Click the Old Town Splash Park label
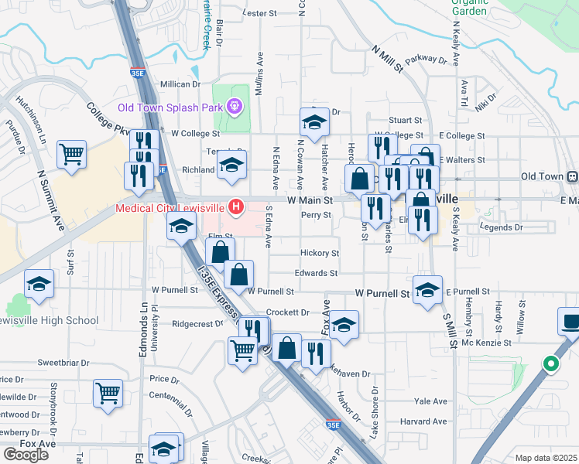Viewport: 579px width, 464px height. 170,107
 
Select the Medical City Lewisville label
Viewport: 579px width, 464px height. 170,207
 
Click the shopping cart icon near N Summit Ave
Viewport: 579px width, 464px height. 71,154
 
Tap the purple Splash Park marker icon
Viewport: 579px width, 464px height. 235,107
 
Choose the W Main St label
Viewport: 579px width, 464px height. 309,200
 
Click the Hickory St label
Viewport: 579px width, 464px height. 320,253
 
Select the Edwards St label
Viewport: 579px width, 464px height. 316,273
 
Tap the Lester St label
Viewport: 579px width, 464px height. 259,14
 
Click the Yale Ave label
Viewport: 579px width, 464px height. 431,401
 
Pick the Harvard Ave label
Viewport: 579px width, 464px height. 423,421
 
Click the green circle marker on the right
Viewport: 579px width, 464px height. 550,363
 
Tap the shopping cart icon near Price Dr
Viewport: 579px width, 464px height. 108,393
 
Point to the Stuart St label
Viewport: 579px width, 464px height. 405,121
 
